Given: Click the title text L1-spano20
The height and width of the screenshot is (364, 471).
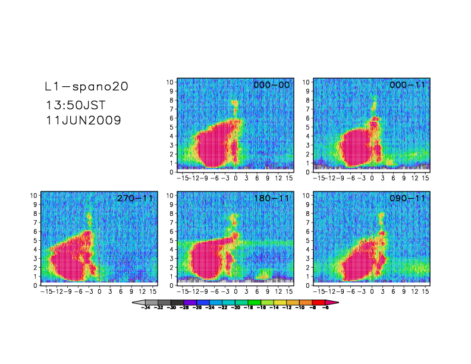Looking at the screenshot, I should [86, 87].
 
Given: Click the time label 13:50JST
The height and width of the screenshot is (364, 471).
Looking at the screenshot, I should [76, 105].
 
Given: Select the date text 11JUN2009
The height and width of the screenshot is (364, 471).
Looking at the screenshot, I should [83, 120].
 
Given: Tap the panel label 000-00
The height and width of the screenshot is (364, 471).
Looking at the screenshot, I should [271, 85].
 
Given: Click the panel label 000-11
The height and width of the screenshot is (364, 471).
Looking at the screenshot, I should [407, 85].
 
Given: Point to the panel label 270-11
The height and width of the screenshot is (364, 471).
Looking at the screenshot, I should [134, 199].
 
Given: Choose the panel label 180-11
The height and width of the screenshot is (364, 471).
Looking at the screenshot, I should [271, 199].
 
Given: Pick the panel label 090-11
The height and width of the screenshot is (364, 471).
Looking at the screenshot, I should [407, 199].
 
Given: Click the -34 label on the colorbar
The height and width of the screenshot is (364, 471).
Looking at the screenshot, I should [145, 309].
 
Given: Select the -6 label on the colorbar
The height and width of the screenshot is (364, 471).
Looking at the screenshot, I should [325, 309].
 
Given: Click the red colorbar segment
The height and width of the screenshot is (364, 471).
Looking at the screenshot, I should [319, 303].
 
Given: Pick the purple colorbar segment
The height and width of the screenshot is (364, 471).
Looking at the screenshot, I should [190, 303].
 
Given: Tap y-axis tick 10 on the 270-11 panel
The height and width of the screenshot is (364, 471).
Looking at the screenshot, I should [35, 196].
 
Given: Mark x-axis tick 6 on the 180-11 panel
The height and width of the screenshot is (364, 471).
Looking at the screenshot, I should [257, 291].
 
